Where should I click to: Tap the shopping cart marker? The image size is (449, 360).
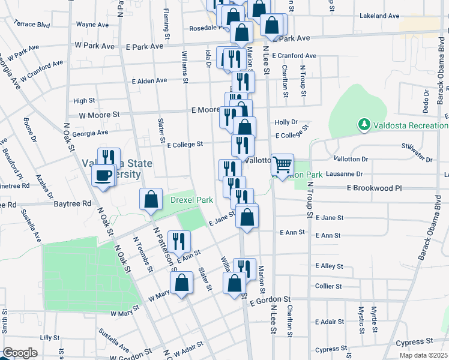(282, 165)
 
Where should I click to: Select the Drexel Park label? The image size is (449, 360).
(192, 200)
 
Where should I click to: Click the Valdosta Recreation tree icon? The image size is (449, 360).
(363, 125)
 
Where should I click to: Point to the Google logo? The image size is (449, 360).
(20, 353)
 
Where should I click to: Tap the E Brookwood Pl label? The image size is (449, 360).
(373, 188)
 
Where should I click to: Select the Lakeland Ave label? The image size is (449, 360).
(379, 16)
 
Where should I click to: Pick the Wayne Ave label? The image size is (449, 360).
(92, 25)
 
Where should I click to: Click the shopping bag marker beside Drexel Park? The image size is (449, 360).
(151, 199)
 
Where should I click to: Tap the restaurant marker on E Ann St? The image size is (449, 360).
(179, 242)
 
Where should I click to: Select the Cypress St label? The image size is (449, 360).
(414, 342)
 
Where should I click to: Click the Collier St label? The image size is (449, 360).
(328, 286)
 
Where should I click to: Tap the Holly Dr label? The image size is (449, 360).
(286, 122)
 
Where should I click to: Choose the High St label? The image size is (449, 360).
(84, 101)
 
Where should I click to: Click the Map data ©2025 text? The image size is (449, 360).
(423, 355)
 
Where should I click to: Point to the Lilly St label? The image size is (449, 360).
(47, 338)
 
